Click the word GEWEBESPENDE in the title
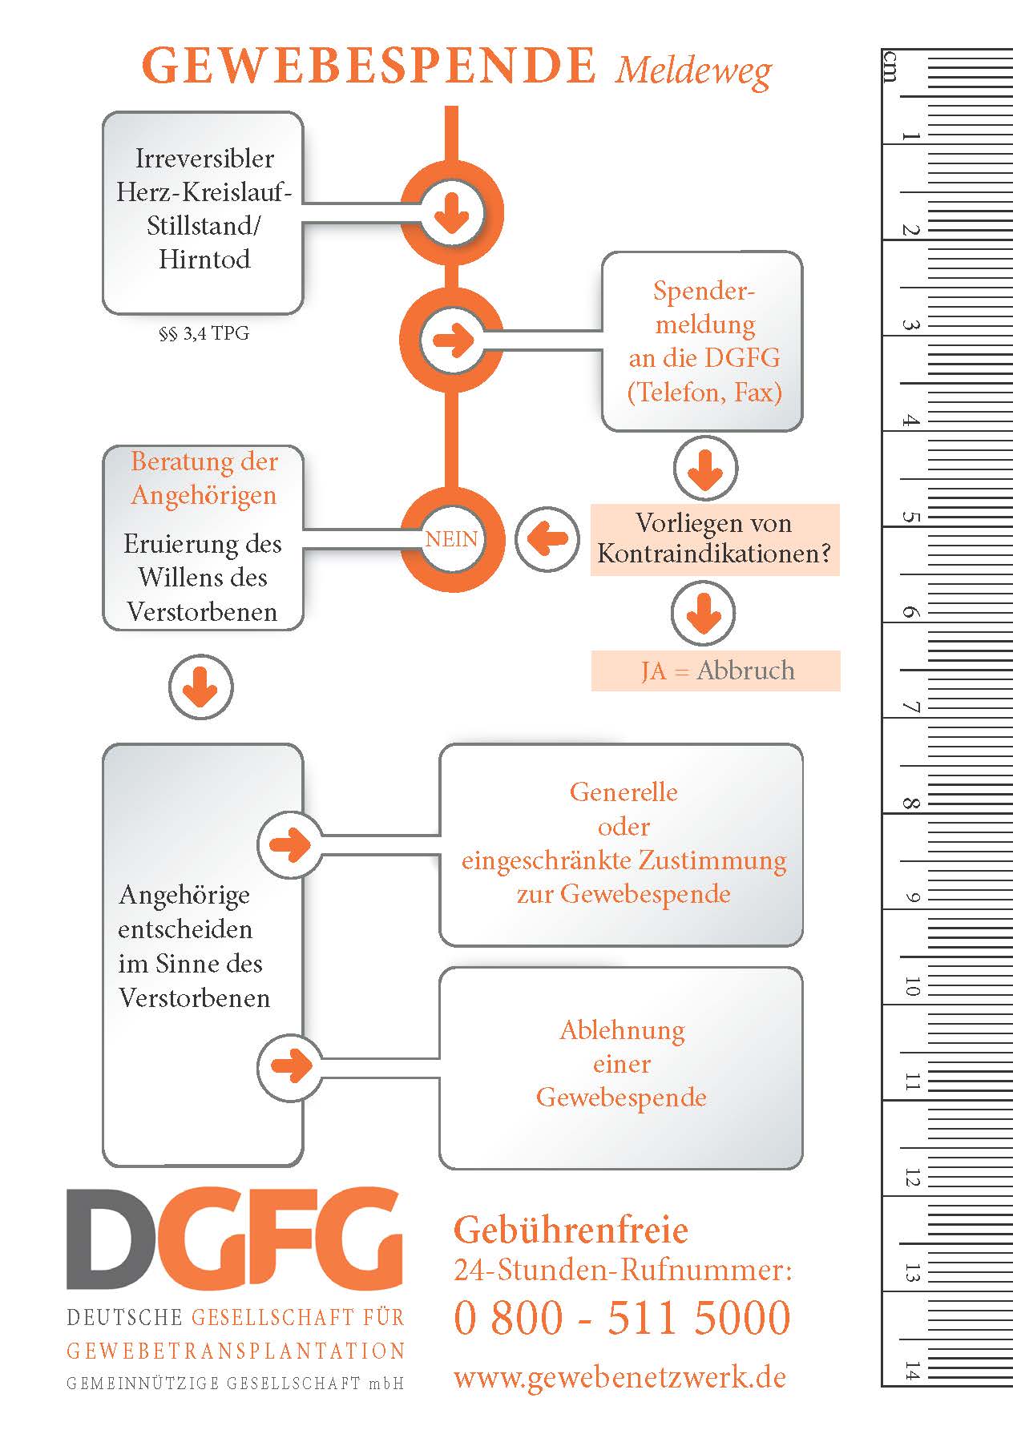[x=369, y=66]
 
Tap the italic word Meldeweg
[x=693, y=70]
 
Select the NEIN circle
[x=452, y=539]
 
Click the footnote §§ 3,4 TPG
[x=204, y=333]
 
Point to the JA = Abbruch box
[x=716, y=671]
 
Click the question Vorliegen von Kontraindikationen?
[x=714, y=539]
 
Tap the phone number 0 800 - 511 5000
[x=622, y=1319]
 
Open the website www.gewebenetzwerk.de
[x=620, y=1376]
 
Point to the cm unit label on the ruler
[x=890, y=66]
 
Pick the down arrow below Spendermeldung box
[x=705, y=469]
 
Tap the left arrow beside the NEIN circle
[x=547, y=539]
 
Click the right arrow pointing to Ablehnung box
[x=290, y=1065]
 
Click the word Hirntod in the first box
[x=204, y=260]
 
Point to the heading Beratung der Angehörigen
[x=204, y=478]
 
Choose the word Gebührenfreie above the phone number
[x=571, y=1230]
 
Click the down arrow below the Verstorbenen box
[x=200, y=687]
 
